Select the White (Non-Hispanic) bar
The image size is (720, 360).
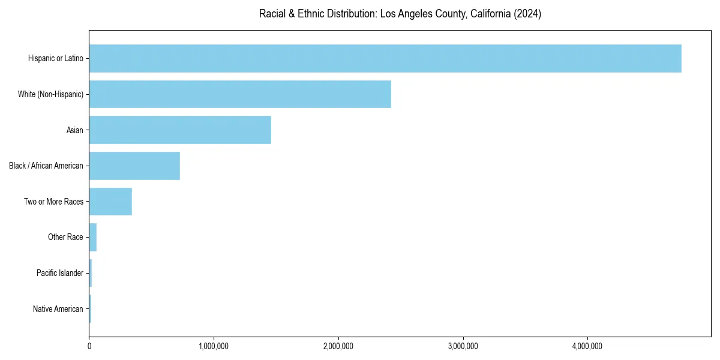pyautogui.click(x=240, y=94)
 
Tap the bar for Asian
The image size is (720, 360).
pyautogui.click(x=180, y=130)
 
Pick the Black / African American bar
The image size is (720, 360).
pyautogui.click(x=134, y=166)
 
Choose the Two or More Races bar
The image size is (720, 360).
pyautogui.click(x=110, y=202)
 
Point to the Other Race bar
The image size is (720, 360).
pyautogui.click(x=93, y=238)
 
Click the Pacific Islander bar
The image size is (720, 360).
pyautogui.click(x=91, y=273)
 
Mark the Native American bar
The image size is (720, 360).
pyautogui.click(x=90, y=309)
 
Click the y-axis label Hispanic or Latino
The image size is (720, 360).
pyautogui.click(x=55, y=58)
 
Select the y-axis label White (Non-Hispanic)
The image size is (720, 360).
pyautogui.click(x=50, y=94)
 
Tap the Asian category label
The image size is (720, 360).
pyautogui.click(x=74, y=130)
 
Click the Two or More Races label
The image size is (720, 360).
pyautogui.click(x=53, y=202)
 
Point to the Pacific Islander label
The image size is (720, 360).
pyautogui.click(x=59, y=273)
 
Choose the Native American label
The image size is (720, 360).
pyautogui.click(x=58, y=309)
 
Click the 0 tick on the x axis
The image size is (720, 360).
pyautogui.click(x=89, y=346)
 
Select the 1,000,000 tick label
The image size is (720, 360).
pyautogui.click(x=214, y=346)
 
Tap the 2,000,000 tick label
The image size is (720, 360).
pyautogui.click(x=338, y=346)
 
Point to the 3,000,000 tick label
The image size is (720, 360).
pyautogui.click(x=463, y=346)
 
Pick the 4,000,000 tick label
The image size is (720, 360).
pyautogui.click(x=587, y=346)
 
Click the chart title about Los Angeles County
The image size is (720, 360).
pyautogui.click(x=400, y=14)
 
